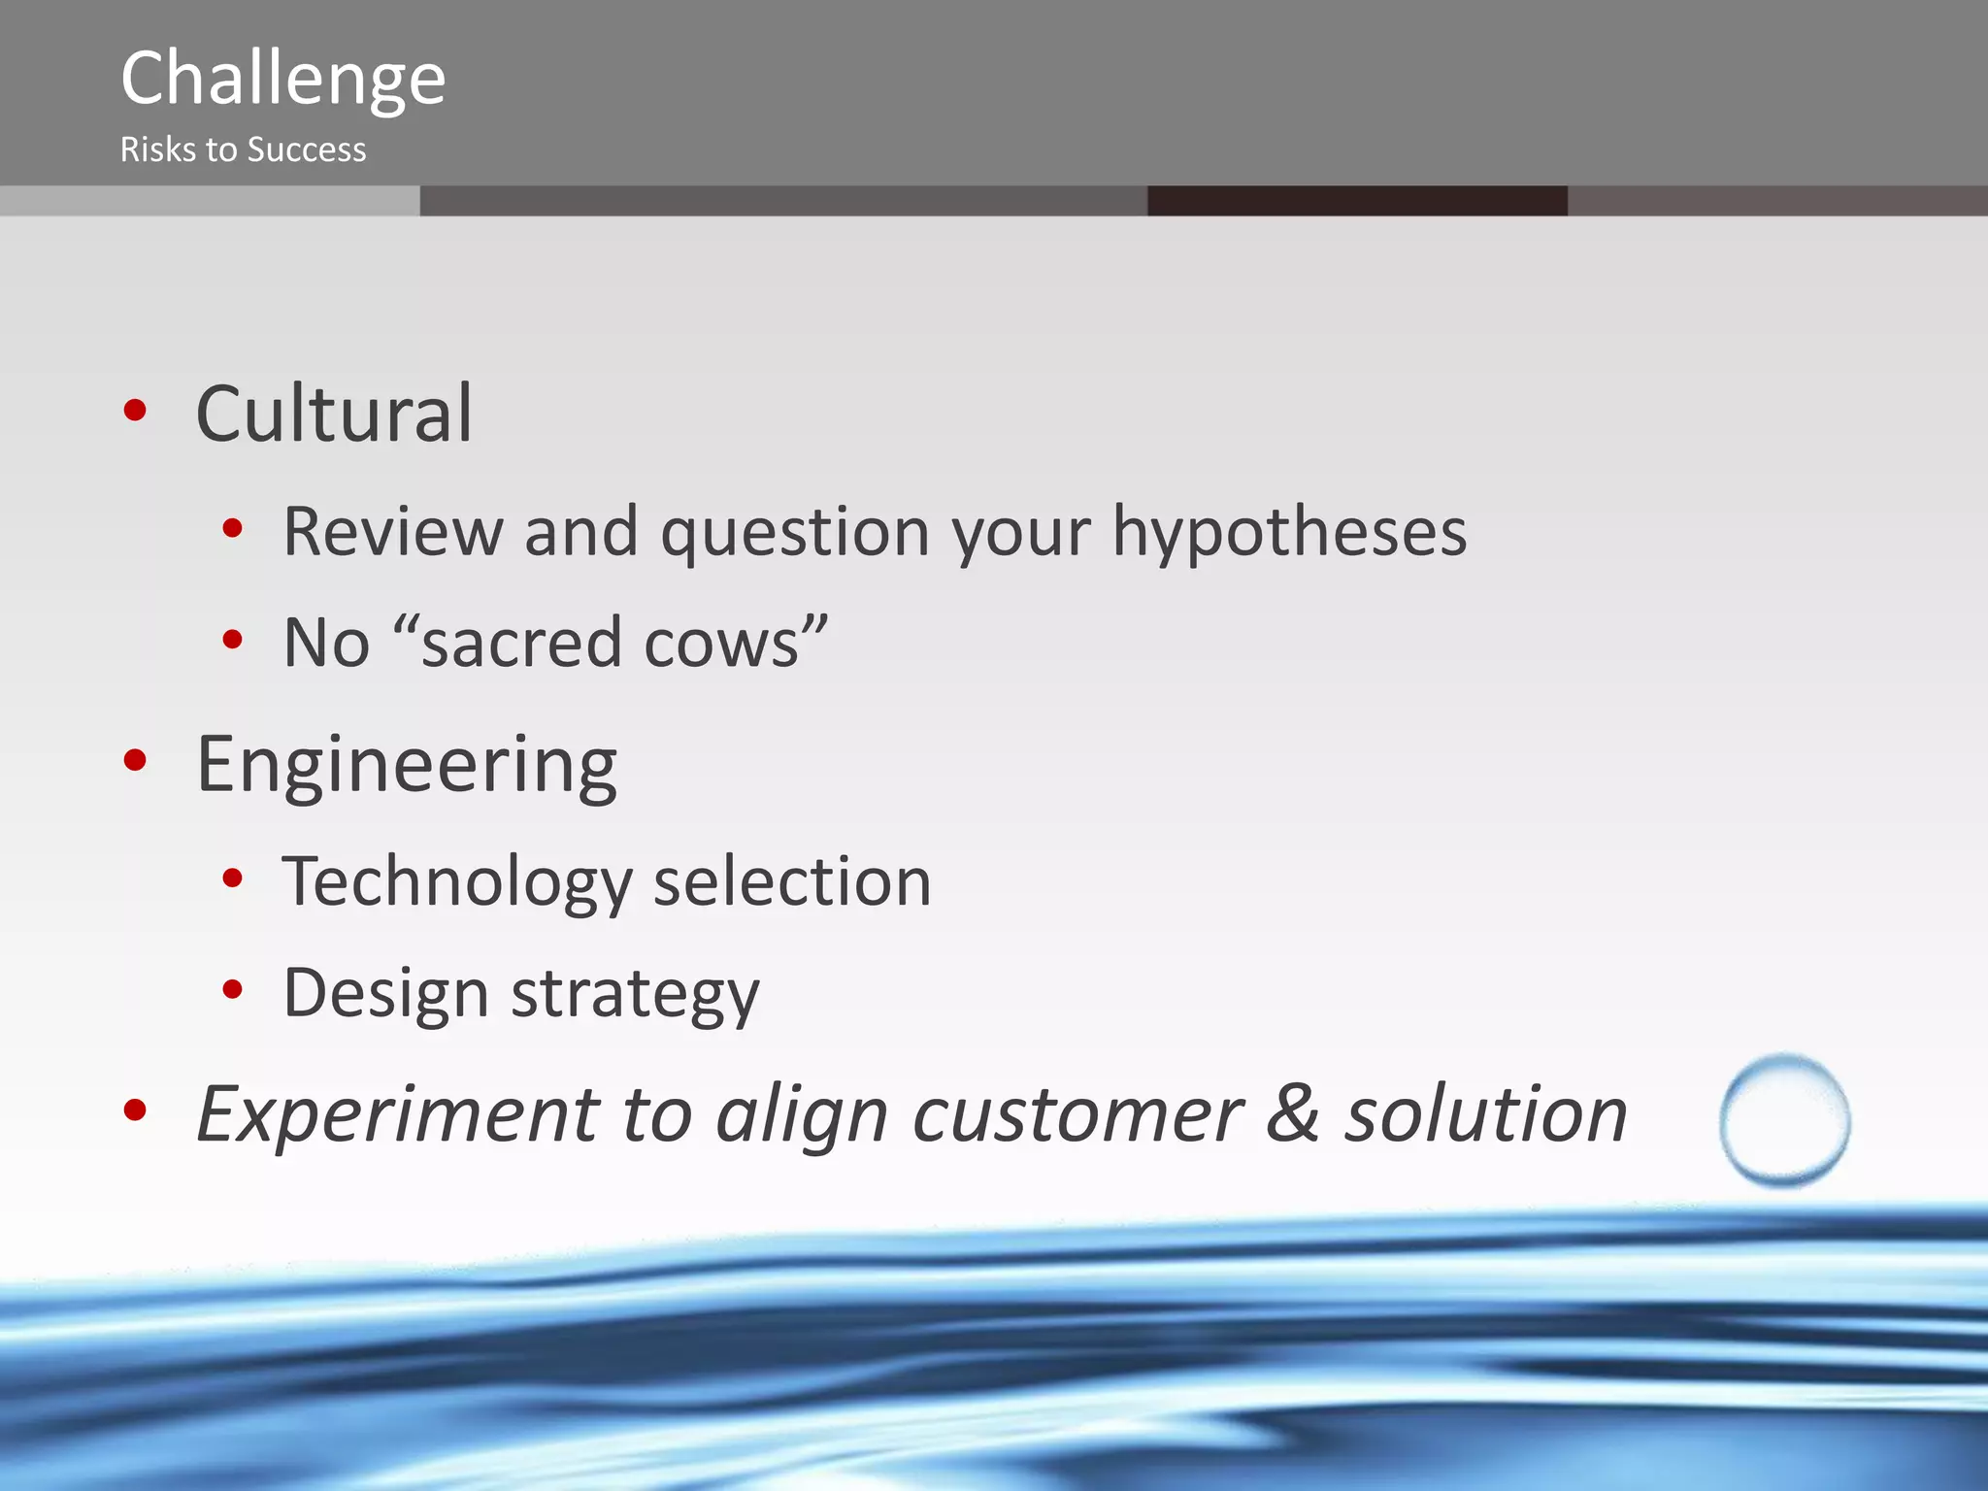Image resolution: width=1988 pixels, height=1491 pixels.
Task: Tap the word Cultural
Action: coord(334,414)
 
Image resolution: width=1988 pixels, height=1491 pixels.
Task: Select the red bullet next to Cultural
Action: coord(135,410)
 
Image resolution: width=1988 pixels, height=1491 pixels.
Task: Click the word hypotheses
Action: coord(1289,533)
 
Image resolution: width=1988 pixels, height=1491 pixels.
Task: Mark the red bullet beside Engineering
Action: coord(135,760)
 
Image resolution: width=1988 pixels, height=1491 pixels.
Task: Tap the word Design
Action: coord(385,994)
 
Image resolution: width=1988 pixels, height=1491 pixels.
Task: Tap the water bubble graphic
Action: coord(1784,1120)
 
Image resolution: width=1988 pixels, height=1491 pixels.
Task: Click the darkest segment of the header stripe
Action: coord(1356,201)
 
